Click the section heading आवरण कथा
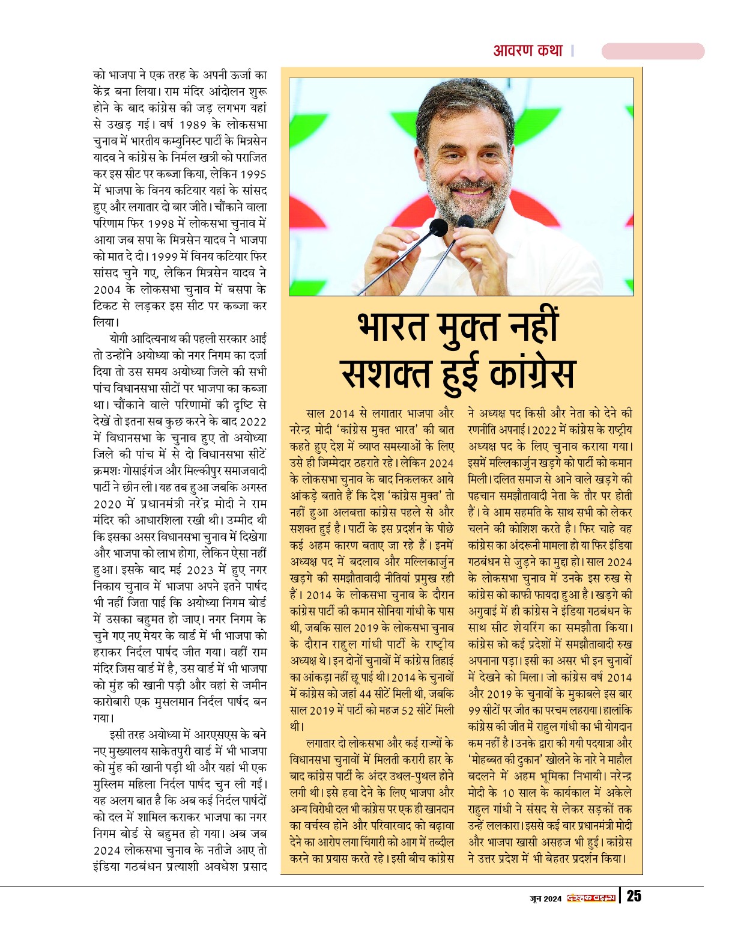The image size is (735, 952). (x=528, y=50)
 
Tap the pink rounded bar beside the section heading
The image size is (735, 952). (x=653, y=51)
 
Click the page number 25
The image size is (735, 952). (x=634, y=896)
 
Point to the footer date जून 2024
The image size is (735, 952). (x=545, y=899)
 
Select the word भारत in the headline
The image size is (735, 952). (x=392, y=328)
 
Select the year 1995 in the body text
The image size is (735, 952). (x=253, y=174)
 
